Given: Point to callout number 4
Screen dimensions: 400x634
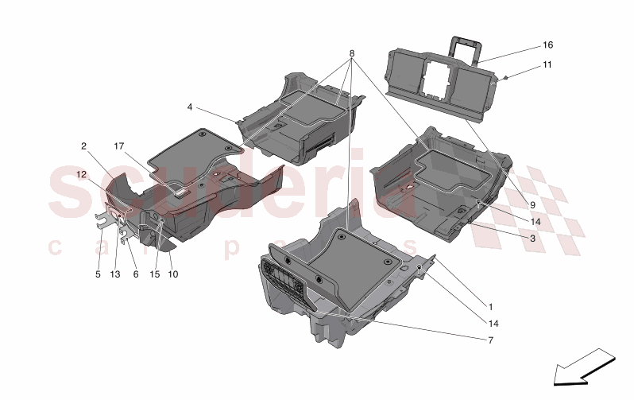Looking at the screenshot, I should pyautogui.click(x=190, y=107).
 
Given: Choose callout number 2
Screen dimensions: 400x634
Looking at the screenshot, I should pyautogui.click(x=83, y=146).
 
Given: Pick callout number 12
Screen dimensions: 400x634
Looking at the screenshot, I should pyautogui.click(x=81, y=174).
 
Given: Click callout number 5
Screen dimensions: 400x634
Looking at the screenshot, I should pyautogui.click(x=99, y=274).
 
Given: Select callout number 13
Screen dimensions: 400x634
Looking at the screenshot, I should pyautogui.click(x=115, y=274).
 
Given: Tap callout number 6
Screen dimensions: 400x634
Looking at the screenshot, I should pyautogui.click(x=136, y=274).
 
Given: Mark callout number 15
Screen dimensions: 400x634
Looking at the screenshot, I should pyautogui.click(x=155, y=274).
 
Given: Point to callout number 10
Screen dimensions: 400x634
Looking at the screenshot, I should pyautogui.click(x=173, y=274).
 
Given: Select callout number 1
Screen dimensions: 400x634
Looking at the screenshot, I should pyautogui.click(x=490, y=305).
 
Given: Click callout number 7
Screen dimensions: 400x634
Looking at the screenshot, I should pyautogui.click(x=490, y=340).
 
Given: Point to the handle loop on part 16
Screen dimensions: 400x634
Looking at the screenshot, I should pyautogui.click(x=466, y=46).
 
